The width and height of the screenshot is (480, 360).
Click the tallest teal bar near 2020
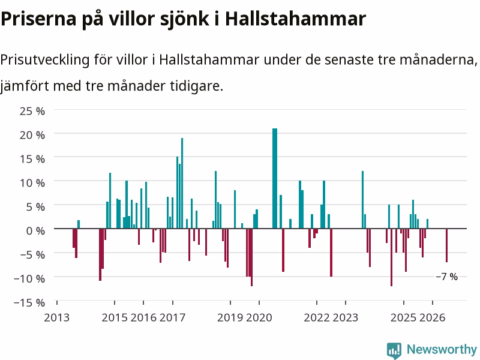[275, 178]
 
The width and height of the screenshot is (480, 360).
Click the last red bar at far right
[446, 245]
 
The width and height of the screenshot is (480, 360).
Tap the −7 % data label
[446, 277]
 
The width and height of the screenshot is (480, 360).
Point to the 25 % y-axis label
[32, 111]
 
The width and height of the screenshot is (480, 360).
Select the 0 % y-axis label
[35, 230]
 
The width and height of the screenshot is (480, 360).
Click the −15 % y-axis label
[29, 303]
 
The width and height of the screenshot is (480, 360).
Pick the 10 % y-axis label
[32, 183]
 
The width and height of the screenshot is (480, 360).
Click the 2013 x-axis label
[56, 317]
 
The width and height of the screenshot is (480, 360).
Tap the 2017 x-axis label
[172, 317]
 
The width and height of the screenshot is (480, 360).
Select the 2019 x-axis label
[230, 317]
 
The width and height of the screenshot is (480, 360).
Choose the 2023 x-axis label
[346, 317]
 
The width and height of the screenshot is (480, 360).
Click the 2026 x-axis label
[432, 317]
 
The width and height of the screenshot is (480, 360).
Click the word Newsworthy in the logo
[442, 349]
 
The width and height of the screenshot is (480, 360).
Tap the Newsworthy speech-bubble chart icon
[394, 350]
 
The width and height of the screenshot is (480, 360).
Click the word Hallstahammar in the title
[295, 19]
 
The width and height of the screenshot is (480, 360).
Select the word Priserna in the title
[38, 19]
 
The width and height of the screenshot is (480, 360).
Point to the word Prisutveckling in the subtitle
[45, 59]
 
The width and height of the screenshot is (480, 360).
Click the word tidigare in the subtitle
[197, 86]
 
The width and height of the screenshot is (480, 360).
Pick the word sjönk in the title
[185, 20]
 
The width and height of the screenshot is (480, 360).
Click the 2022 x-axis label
[317, 317]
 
